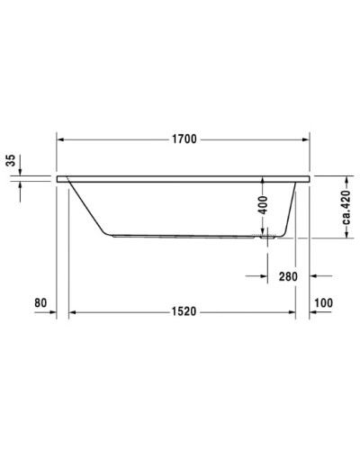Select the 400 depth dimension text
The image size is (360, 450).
click(262, 204)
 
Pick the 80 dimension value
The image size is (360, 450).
click(40, 302)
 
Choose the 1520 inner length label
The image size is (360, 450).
click(183, 311)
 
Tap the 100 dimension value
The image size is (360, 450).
click(324, 302)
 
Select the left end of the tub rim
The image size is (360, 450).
click(59, 179)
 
